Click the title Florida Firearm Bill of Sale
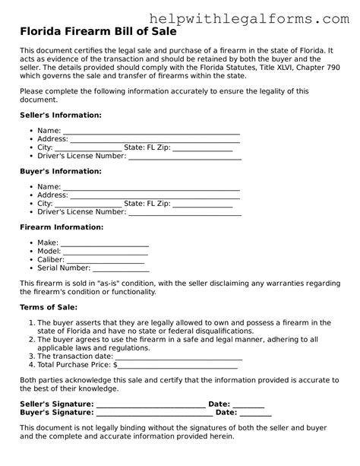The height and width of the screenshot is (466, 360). click(98, 33)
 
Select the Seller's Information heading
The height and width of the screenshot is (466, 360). click(60, 115)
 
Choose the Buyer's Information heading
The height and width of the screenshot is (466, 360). click(59, 171)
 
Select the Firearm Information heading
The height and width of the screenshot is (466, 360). click(61, 227)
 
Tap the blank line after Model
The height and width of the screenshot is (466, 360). click(106, 252)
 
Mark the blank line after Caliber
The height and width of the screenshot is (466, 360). click(111, 260)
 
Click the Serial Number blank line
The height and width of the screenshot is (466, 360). click(121, 268)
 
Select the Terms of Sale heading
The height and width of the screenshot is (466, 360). click(48, 307)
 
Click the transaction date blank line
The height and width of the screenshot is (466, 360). click(179, 356)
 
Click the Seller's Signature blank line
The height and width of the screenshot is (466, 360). click(150, 404)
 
